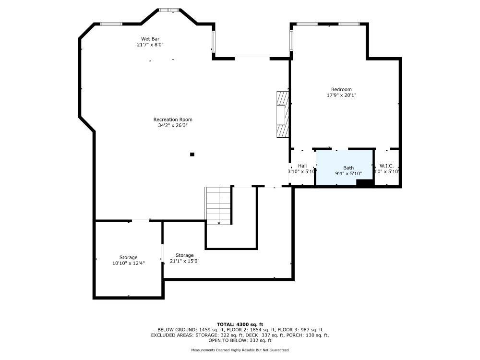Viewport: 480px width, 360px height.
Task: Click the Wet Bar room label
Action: [150, 39]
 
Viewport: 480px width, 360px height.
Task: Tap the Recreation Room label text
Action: [173, 120]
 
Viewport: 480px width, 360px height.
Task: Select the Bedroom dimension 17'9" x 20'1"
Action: [342, 95]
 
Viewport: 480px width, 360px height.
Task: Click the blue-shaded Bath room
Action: [344, 167]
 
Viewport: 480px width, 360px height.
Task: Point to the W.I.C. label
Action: [386, 166]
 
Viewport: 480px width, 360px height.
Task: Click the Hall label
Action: [302, 166]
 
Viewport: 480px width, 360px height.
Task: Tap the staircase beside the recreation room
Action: [218, 205]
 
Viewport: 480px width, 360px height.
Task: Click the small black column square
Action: [192, 154]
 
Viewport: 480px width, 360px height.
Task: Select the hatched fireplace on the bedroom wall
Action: [283, 115]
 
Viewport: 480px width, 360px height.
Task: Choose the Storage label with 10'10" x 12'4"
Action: [128, 257]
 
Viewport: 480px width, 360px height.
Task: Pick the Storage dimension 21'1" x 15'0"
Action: [185, 261]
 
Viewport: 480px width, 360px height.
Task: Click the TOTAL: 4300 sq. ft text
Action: [240, 324]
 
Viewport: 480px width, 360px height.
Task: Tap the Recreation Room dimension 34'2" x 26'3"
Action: [173, 125]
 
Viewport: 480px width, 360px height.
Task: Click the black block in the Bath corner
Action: [364, 182]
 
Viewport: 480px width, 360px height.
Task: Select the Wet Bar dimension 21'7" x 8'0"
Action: [150, 45]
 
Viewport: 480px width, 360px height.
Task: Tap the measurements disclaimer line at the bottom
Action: [240, 350]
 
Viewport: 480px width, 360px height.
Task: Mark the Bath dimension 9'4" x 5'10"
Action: [348, 174]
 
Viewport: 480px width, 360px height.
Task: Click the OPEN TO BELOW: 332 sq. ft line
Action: [240, 340]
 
